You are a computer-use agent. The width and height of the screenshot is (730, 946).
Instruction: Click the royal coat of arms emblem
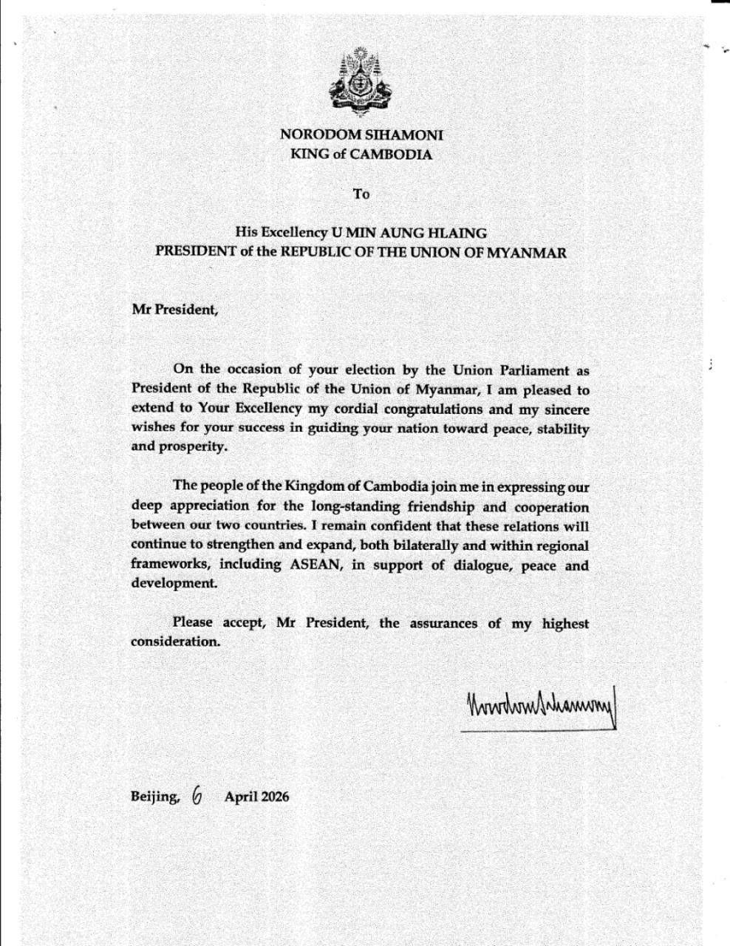pos(361,82)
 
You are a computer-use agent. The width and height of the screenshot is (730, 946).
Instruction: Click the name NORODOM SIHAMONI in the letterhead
pos(361,135)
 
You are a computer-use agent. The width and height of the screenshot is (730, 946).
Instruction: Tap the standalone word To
pos(361,194)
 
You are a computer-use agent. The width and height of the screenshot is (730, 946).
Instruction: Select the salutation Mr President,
pos(175,310)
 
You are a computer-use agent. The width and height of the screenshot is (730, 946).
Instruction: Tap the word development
pos(174,583)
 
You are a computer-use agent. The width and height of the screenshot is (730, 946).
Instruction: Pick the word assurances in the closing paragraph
pos(443,623)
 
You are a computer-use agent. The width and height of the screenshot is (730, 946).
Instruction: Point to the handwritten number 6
pos(197,794)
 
